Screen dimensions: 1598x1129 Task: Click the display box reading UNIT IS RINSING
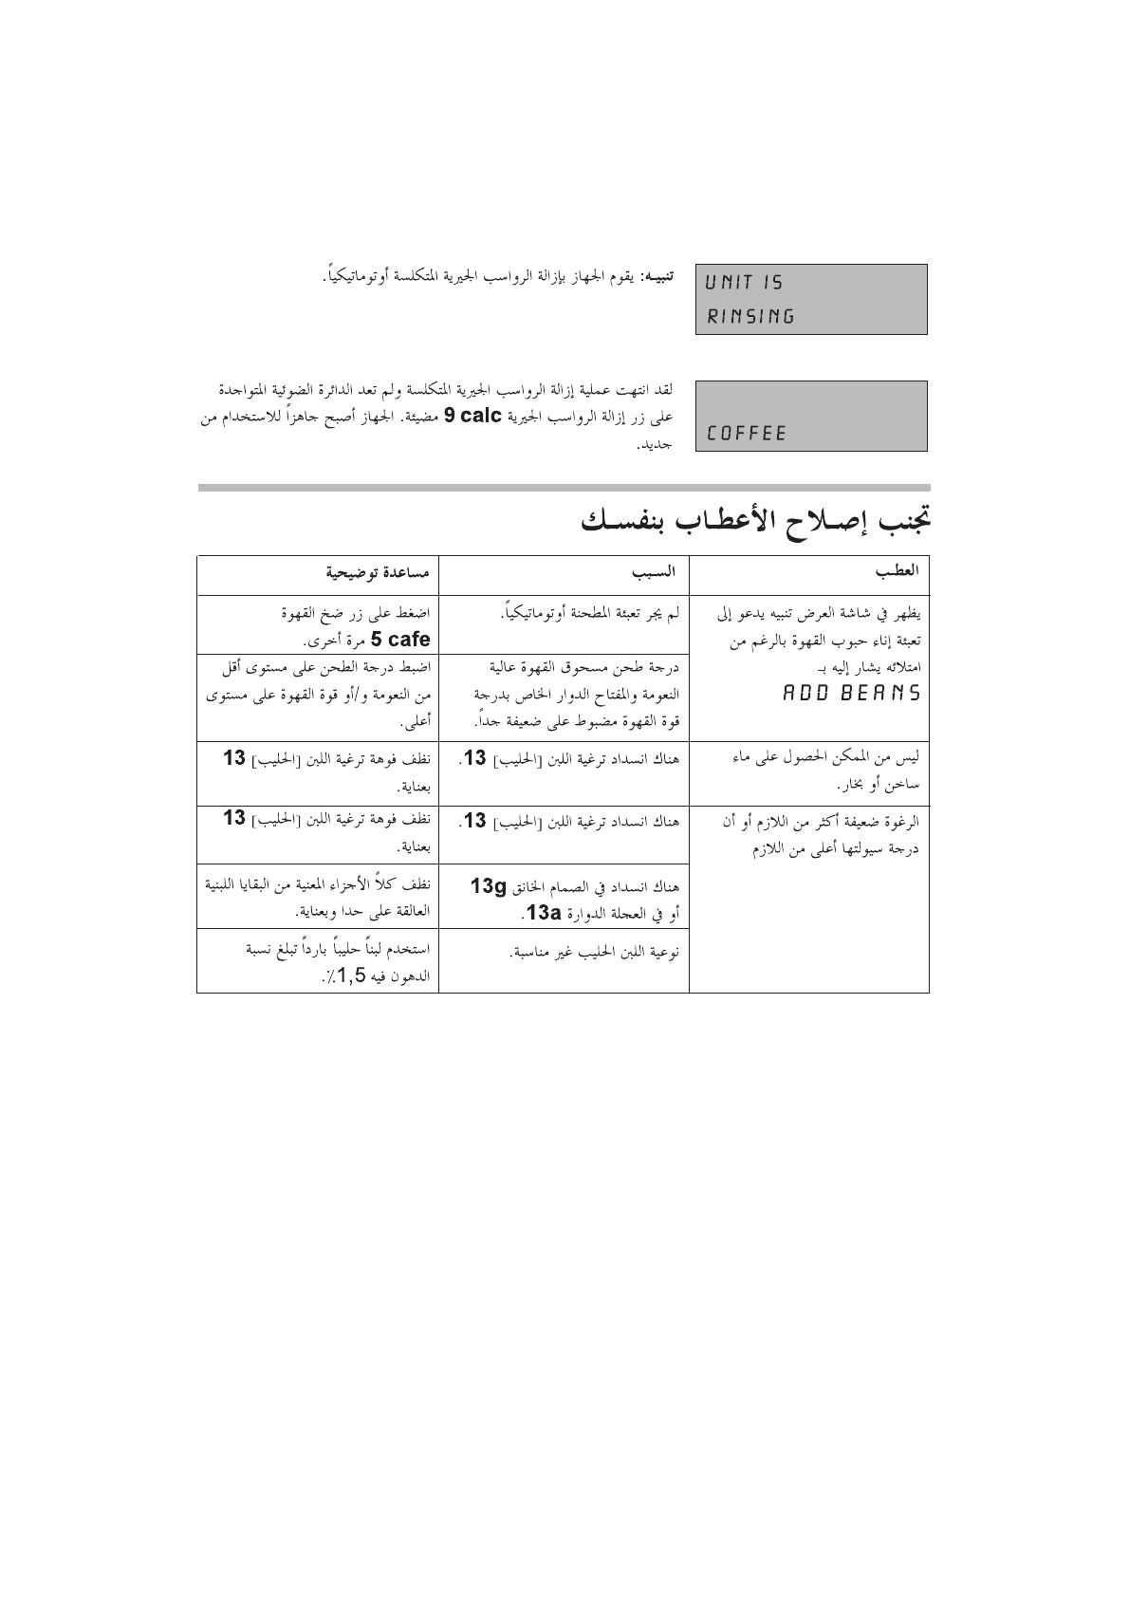(811, 299)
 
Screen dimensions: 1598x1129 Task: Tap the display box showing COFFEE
(811, 416)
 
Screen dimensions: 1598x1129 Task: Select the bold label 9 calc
(472, 417)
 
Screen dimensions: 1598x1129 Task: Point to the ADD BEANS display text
(851, 692)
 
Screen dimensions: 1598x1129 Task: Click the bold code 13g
(490, 886)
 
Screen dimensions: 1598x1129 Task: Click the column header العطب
(898, 572)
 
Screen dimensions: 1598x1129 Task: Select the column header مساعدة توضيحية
(378, 572)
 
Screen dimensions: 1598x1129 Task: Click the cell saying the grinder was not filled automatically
(590, 614)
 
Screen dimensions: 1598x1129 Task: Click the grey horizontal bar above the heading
(564, 488)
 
